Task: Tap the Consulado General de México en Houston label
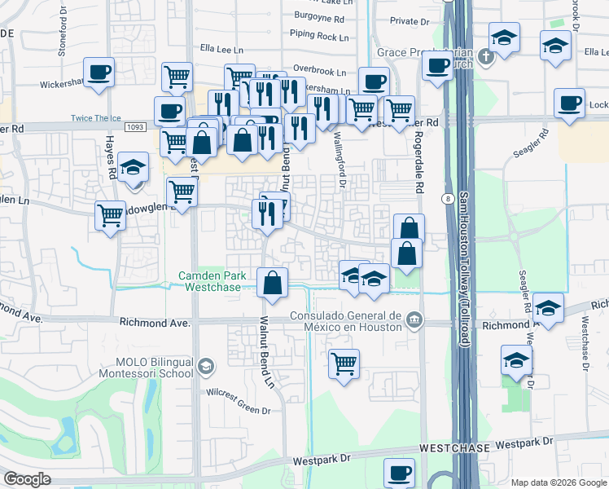click(348, 321)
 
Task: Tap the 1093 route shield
click(136, 128)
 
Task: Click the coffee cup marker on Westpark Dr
click(400, 473)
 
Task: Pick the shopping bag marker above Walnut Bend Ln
click(273, 283)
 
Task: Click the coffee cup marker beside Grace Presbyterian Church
click(438, 64)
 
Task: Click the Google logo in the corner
click(26, 479)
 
